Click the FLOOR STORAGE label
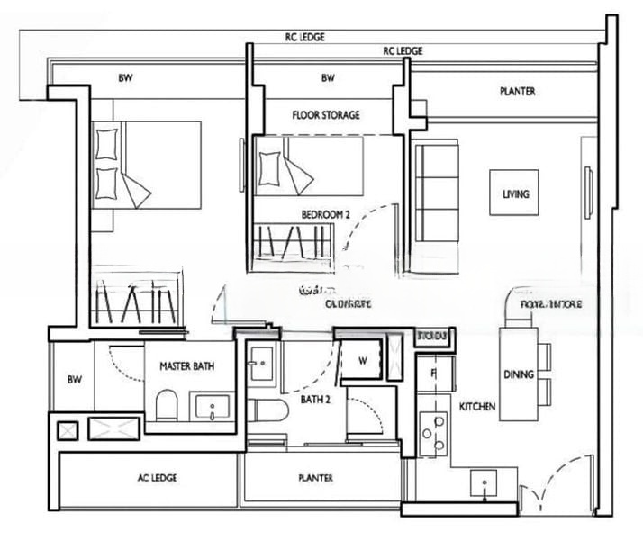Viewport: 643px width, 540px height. [x=325, y=115]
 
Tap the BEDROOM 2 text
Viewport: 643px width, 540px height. [x=325, y=214]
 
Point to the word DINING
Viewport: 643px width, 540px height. [x=519, y=374]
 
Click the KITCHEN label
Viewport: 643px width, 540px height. [x=477, y=408]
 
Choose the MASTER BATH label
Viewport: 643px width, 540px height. [x=186, y=366]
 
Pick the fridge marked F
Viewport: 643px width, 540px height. [x=433, y=372]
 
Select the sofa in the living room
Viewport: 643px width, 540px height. [x=436, y=192]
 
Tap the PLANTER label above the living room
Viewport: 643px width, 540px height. [x=518, y=92]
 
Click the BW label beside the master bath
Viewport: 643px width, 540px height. [x=73, y=379]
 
